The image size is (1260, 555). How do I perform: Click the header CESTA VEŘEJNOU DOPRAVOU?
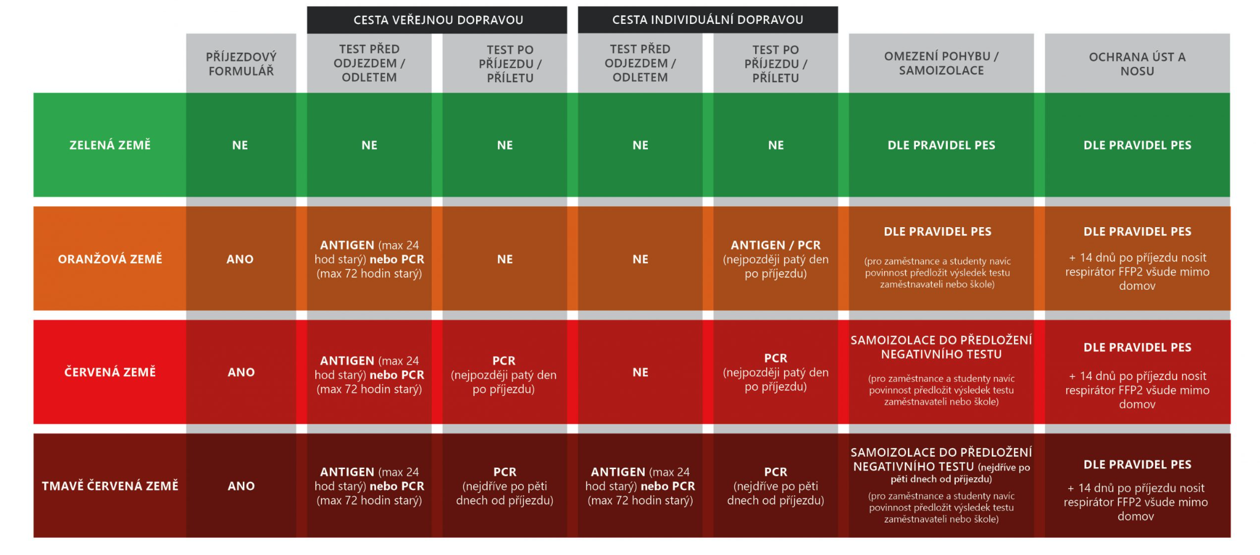(438, 20)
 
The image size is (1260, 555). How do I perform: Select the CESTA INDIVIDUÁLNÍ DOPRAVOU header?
(707, 20)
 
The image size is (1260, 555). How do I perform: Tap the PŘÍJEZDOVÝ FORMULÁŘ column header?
(241, 64)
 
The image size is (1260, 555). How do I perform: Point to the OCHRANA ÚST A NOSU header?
(1137, 64)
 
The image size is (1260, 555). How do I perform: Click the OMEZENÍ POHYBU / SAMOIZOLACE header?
(941, 63)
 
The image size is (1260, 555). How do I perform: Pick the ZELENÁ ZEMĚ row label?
(110, 146)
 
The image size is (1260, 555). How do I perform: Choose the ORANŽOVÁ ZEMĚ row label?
(110, 259)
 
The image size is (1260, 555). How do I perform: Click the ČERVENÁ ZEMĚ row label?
(110, 372)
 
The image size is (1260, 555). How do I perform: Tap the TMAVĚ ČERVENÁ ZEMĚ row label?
(110, 486)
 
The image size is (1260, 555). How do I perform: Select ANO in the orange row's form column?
(240, 259)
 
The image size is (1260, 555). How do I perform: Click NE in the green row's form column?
(240, 146)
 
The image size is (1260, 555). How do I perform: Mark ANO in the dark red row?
(241, 486)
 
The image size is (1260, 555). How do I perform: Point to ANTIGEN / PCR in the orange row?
(775, 245)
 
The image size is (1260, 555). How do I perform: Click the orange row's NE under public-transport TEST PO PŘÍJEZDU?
(505, 259)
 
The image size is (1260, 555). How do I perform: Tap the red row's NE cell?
(640, 372)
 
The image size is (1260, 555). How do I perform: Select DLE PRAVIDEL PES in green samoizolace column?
(941, 146)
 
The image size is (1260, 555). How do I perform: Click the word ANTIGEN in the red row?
(347, 361)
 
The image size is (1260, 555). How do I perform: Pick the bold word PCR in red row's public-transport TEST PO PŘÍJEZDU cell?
(504, 361)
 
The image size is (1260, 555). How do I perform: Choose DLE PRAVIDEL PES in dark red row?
(1137, 465)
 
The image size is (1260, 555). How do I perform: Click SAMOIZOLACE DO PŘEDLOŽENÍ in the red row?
(941, 340)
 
